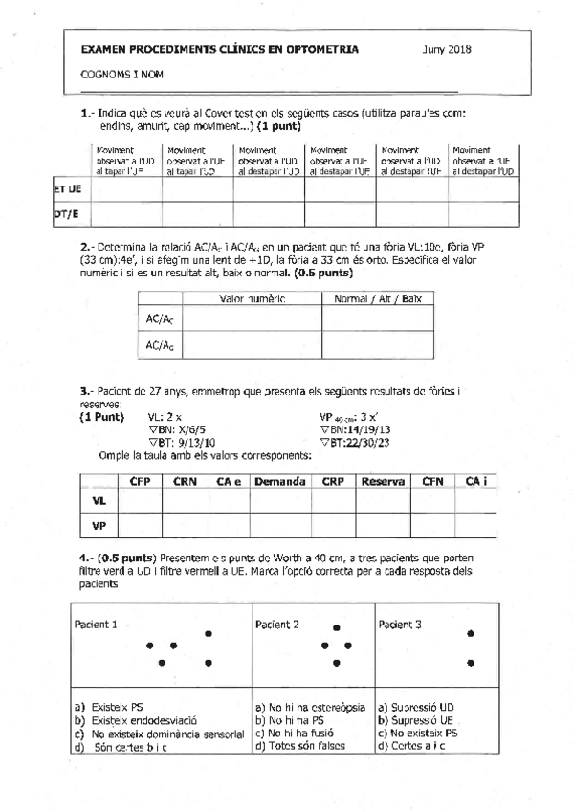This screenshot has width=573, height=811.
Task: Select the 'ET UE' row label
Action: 67,189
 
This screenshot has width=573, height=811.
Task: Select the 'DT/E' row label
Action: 66,215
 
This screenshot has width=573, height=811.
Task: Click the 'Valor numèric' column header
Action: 252,299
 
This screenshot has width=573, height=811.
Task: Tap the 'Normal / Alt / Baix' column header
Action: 377,299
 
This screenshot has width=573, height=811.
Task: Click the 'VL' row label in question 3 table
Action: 99,499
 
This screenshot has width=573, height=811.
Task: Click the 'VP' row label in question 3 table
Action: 99,524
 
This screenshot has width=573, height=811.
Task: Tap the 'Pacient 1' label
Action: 96,625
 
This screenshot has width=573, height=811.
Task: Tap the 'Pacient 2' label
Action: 277,625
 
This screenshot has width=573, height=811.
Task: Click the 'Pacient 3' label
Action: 403,625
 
